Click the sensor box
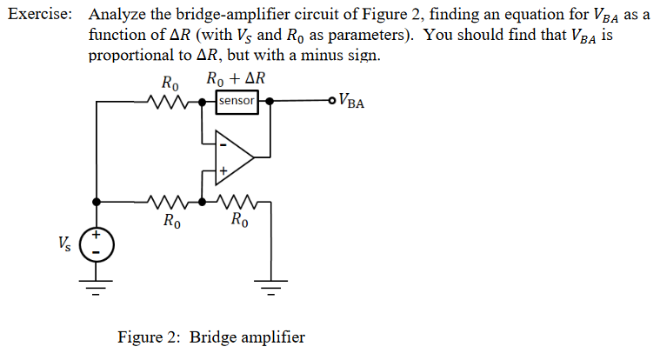coord(237,101)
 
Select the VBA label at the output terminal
coord(353,102)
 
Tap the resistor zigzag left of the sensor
coord(166,102)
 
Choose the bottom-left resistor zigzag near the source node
coord(166,202)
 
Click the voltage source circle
coord(97,244)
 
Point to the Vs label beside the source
coord(65,241)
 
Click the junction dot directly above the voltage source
coord(97,202)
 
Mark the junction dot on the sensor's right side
coord(270,101)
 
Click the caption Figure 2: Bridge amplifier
coord(211,337)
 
